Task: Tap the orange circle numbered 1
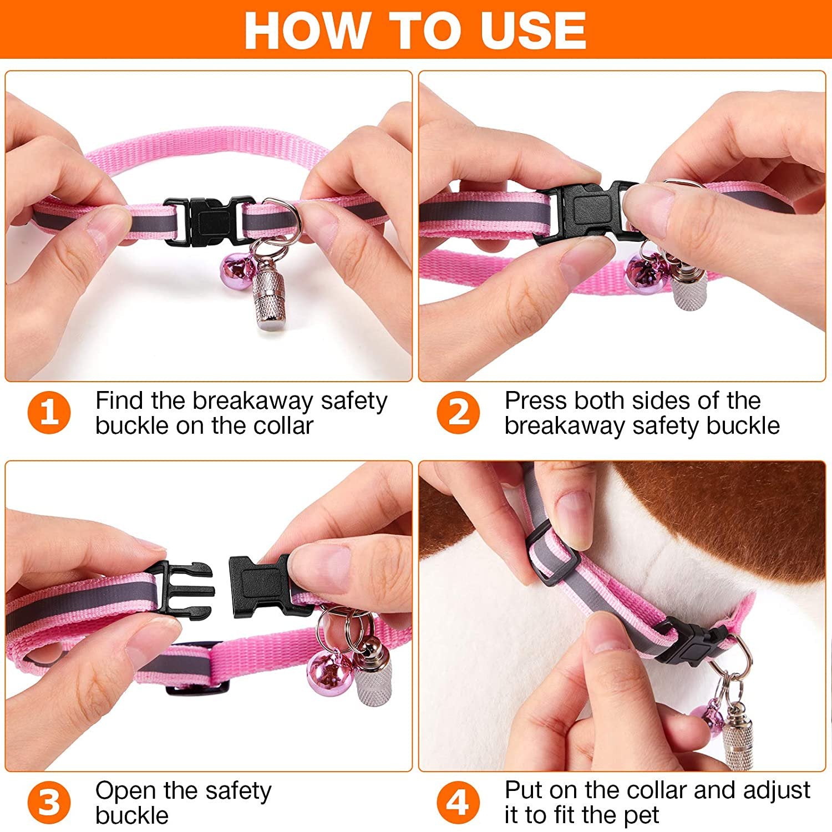tap(49, 413)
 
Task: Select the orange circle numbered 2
tap(458, 413)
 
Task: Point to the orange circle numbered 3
tap(49, 803)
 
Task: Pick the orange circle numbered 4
tap(458, 803)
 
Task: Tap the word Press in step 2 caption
tap(536, 400)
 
